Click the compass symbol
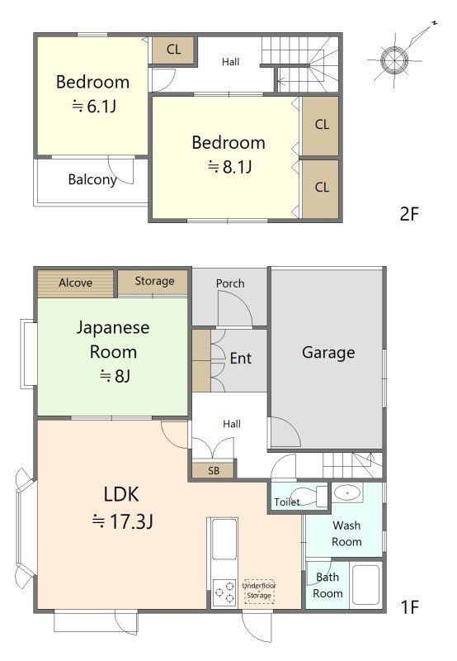(x=394, y=60)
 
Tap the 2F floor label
(x=409, y=214)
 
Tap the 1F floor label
(x=409, y=607)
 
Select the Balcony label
(x=92, y=179)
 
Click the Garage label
(x=328, y=353)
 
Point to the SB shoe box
(x=213, y=470)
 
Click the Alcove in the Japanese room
(x=75, y=283)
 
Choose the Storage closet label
(x=154, y=281)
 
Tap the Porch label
(x=230, y=283)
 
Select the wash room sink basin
(x=347, y=492)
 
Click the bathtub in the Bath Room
(x=365, y=585)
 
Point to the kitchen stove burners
(x=224, y=593)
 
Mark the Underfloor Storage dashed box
(x=259, y=591)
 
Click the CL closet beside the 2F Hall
(x=173, y=50)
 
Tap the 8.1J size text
(x=230, y=168)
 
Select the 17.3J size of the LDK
(x=122, y=521)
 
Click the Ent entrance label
(x=240, y=359)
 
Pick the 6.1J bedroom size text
(x=93, y=107)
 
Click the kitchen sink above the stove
(x=224, y=539)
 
